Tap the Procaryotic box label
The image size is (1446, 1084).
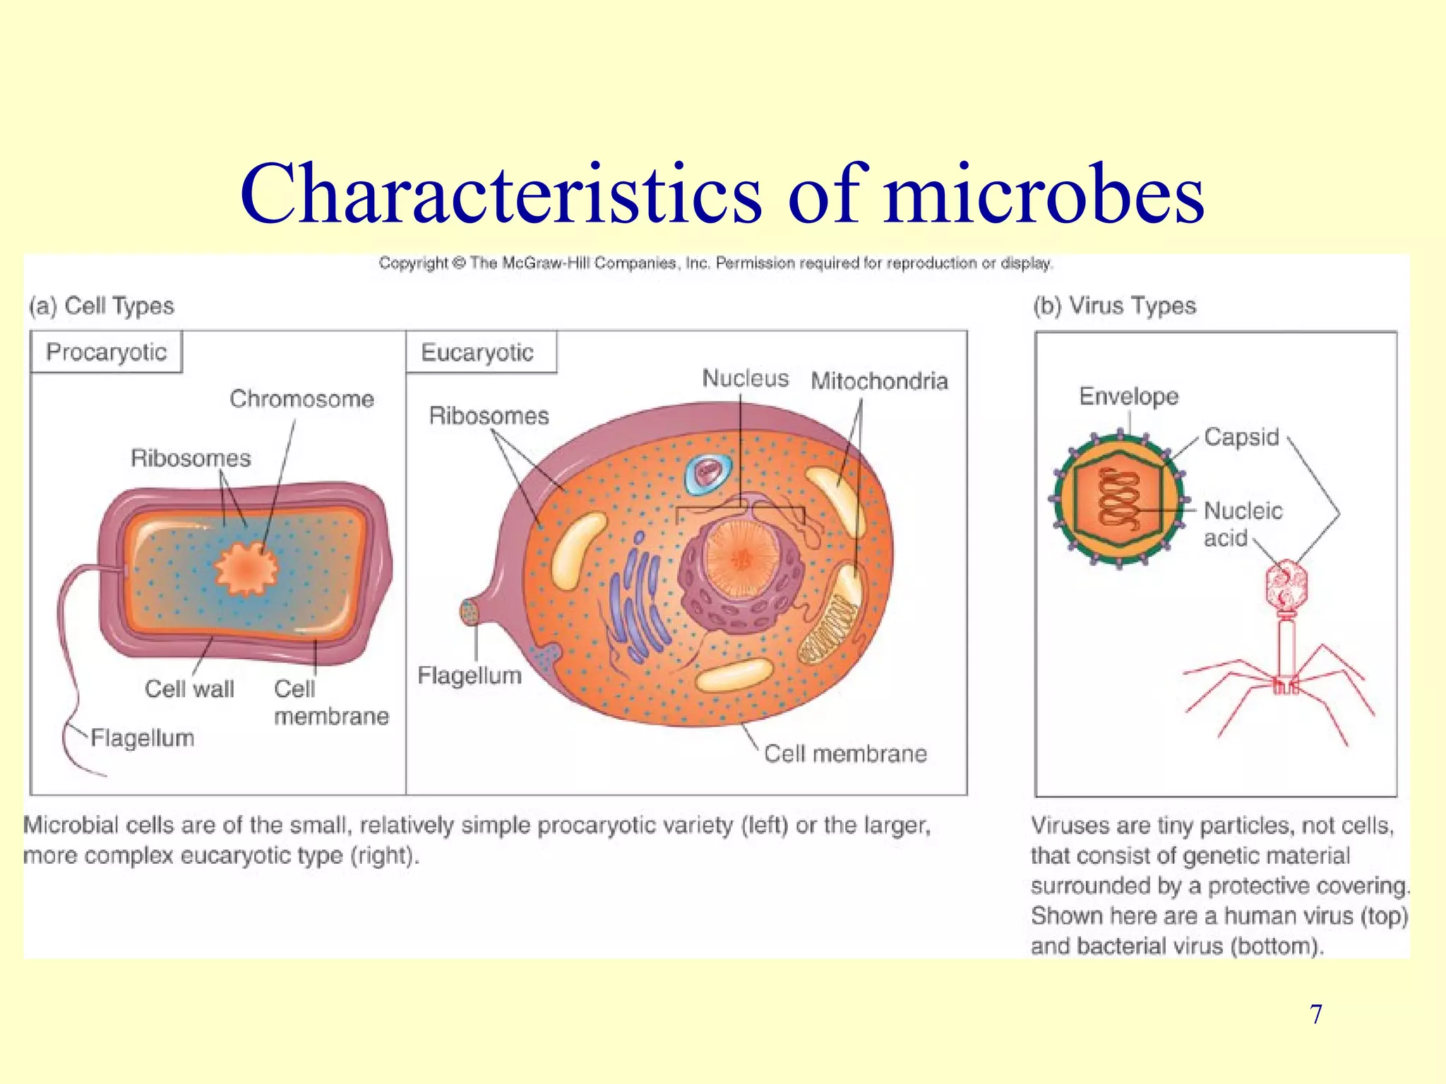[106, 351]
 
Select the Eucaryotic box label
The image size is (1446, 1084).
[477, 352]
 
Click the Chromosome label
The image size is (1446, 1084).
[301, 399]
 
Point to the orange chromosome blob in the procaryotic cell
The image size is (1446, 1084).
[246, 567]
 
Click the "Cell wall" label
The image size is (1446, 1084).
[189, 688]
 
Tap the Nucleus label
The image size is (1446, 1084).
[745, 378]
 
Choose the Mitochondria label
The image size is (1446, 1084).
[879, 381]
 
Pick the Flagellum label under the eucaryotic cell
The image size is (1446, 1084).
[470, 675]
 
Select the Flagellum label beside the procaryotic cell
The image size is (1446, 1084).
[143, 738]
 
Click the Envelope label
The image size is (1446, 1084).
[1128, 396]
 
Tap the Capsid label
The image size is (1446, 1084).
[1241, 437]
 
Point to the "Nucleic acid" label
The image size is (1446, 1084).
[1242, 524]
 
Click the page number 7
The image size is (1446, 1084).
[1315, 1014]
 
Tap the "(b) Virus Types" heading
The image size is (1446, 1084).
[1114, 306]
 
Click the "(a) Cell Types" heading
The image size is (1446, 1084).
[102, 306]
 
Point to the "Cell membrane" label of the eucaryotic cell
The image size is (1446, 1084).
[845, 754]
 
